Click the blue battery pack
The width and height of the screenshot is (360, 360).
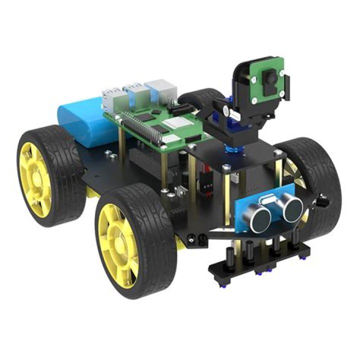(82, 120)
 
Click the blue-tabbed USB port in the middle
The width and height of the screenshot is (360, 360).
(136, 93)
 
